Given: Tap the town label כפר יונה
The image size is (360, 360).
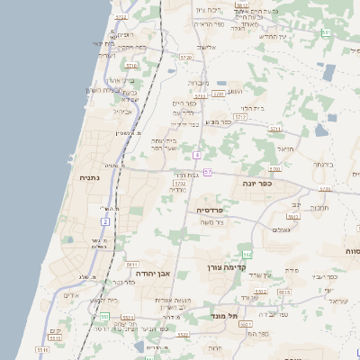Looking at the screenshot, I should tap(256, 183).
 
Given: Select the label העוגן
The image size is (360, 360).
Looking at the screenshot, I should tap(236, 91).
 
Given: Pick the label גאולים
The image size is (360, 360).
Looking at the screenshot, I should tap(280, 229).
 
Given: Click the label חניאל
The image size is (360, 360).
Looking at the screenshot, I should tap(285, 148).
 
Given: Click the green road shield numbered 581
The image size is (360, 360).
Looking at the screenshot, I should tap(326, 32).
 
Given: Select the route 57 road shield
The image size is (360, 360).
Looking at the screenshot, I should tap(207, 171).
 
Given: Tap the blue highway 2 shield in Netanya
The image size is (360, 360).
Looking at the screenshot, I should tap(105, 220).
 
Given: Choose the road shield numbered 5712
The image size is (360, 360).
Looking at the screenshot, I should tap(240, 117).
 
